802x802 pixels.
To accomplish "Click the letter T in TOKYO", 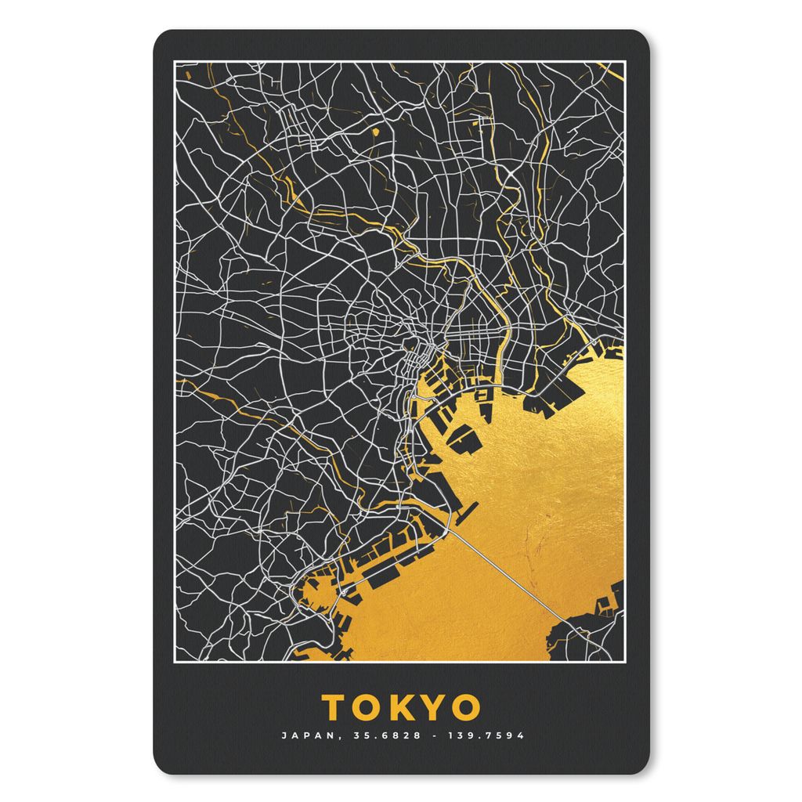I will click(x=336, y=706).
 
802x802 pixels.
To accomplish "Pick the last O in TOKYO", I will click(x=464, y=706).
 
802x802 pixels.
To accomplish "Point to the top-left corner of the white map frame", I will click(x=175, y=61).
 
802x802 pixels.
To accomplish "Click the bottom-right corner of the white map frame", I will click(x=624, y=662).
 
